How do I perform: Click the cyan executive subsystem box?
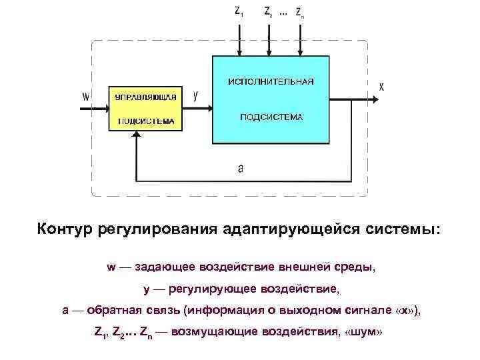(x=271, y=99)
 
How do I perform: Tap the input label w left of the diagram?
(x=85, y=96)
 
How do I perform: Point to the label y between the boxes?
(x=195, y=95)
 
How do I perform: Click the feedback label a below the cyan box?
(x=241, y=169)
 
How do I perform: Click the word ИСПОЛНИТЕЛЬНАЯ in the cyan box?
(x=271, y=81)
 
